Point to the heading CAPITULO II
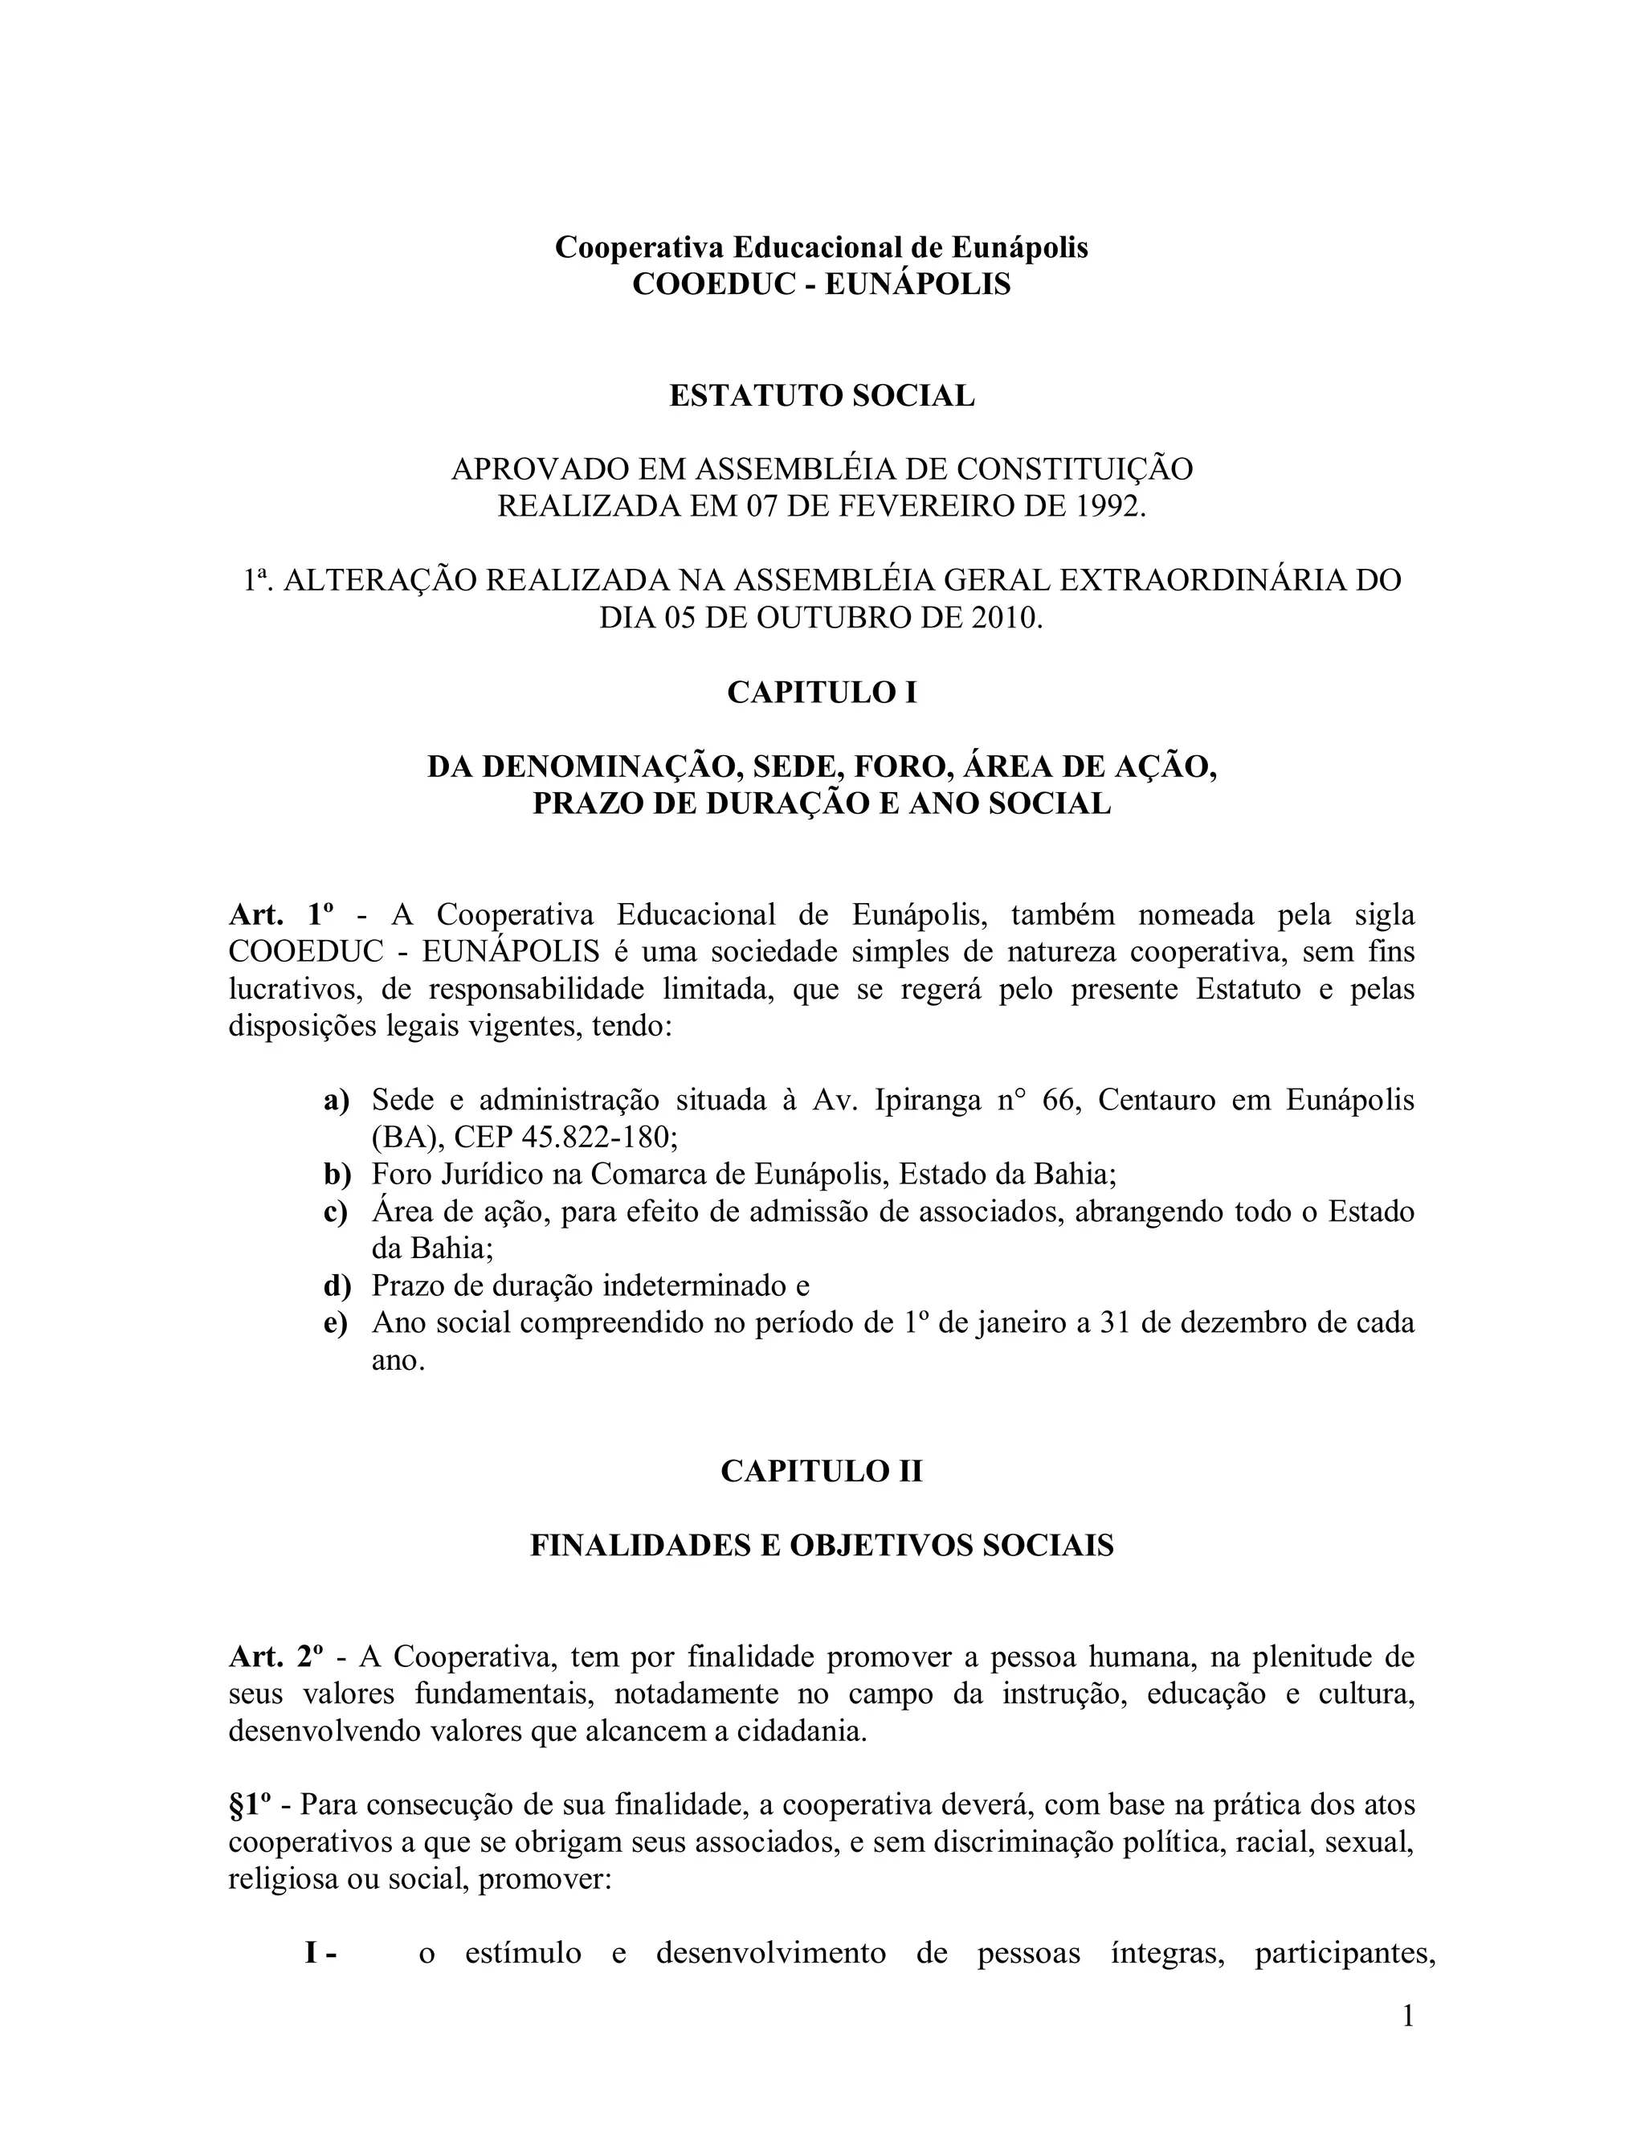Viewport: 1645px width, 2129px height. [822, 1471]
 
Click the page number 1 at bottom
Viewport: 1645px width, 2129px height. [1407, 2016]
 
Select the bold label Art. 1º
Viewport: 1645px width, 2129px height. [282, 914]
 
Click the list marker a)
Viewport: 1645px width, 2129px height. [337, 1101]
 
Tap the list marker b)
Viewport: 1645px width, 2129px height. [337, 1175]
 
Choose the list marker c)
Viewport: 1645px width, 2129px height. [337, 1212]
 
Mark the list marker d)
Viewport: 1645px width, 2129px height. [337, 1285]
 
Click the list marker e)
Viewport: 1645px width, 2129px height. [337, 1323]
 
